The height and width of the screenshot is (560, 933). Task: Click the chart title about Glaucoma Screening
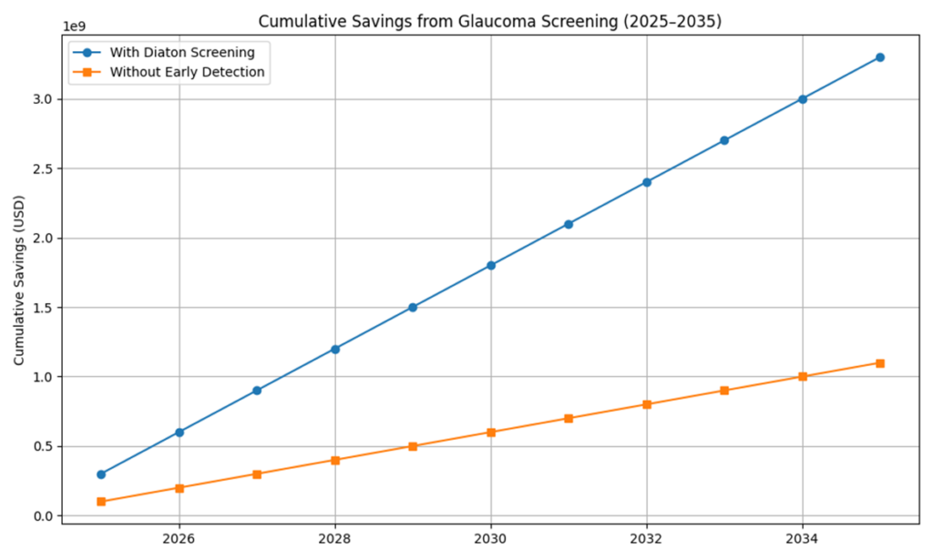tap(490, 21)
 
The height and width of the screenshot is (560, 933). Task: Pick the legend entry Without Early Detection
tap(188, 73)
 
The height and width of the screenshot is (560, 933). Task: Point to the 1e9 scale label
tap(74, 27)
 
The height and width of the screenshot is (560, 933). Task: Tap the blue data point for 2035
tap(879, 57)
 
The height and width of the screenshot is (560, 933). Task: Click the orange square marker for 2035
tap(879, 362)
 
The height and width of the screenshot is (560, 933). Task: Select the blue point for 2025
tap(101, 474)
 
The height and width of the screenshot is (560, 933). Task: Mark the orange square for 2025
tap(101, 502)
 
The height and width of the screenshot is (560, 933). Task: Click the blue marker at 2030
tap(490, 265)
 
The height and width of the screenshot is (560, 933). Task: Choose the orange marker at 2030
tap(490, 433)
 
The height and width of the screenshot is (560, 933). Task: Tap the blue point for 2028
tap(334, 349)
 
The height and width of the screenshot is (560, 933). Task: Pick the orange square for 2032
tap(646, 404)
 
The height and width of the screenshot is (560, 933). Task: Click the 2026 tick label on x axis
tap(179, 540)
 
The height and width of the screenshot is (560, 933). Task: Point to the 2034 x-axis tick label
tap(802, 540)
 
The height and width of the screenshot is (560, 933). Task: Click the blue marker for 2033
tap(724, 140)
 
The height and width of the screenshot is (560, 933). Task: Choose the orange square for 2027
tap(257, 473)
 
